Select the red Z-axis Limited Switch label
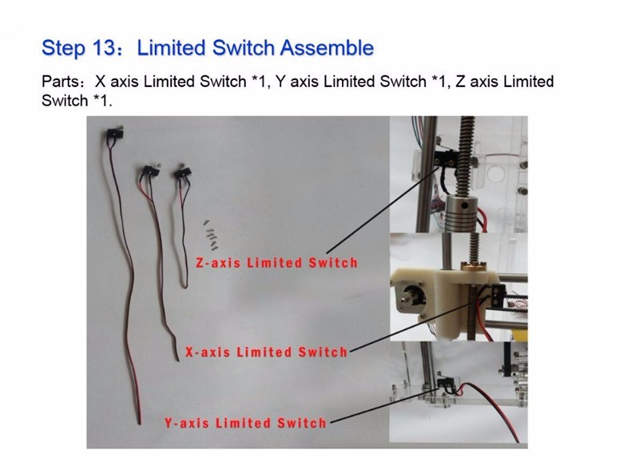(x=276, y=262)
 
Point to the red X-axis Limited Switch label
(x=266, y=352)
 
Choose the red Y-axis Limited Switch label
(x=245, y=423)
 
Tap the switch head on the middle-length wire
(x=150, y=170)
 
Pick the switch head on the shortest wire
(x=183, y=172)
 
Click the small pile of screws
(x=211, y=235)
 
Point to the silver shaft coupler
(x=462, y=215)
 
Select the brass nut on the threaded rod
(x=473, y=266)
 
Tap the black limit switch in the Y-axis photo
(x=447, y=383)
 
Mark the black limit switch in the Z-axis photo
(x=446, y=158)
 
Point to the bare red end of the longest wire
(x=139, y=418)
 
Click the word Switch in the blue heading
(x=244, y=48)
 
